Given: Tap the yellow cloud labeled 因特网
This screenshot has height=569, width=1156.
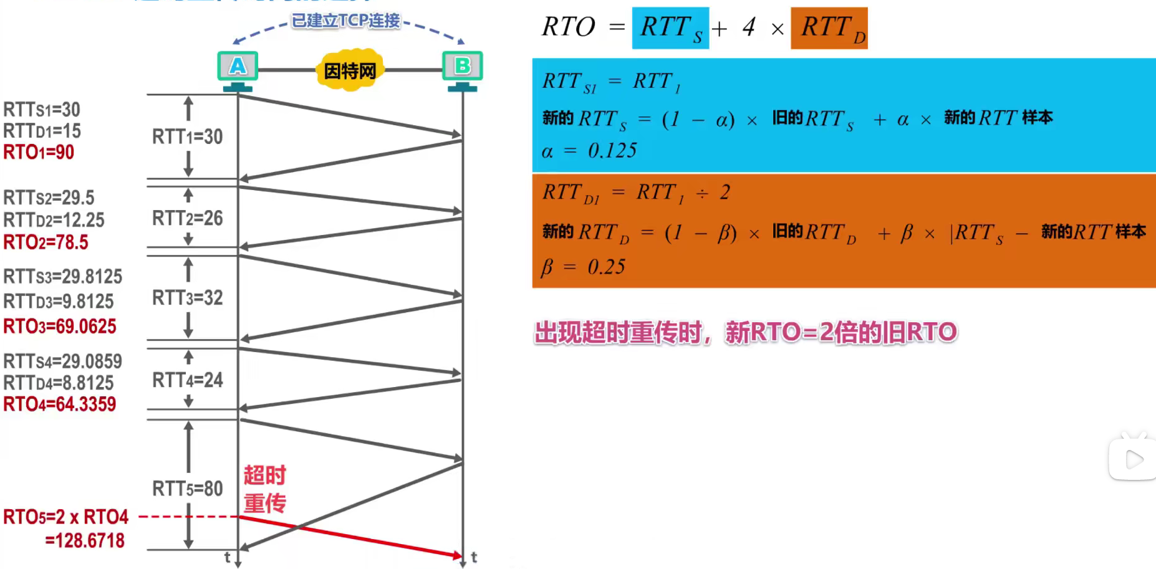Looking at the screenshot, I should point(350,70).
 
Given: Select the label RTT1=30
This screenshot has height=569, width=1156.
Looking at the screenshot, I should point(187,136).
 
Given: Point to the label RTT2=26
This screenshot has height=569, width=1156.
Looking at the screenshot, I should point(187,218).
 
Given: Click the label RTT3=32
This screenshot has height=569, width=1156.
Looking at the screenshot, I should point(187,298).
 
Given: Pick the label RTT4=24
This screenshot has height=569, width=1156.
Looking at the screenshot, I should point(187,380).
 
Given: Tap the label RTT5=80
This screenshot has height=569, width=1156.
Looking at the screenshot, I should point(187,489).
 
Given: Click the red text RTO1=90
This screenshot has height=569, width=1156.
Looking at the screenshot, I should point(39,152).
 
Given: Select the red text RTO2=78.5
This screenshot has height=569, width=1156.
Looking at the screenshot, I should point(46,242).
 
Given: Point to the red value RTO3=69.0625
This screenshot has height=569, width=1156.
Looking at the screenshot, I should point(60,327).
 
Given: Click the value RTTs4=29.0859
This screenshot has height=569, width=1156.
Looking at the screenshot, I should point(62,361).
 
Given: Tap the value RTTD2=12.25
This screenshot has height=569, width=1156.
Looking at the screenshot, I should point(54,220).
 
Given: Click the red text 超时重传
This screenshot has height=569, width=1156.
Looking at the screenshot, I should point(264,489).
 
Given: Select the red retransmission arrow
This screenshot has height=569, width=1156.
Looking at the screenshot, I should point(349,536).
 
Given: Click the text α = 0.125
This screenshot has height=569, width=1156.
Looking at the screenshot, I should point(589,151).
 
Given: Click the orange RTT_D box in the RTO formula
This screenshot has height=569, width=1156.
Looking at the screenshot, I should point(829,28).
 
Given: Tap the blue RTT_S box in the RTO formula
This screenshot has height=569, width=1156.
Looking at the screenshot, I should point(670,28).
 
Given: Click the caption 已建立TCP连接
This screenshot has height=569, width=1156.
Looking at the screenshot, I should point(346,21).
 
